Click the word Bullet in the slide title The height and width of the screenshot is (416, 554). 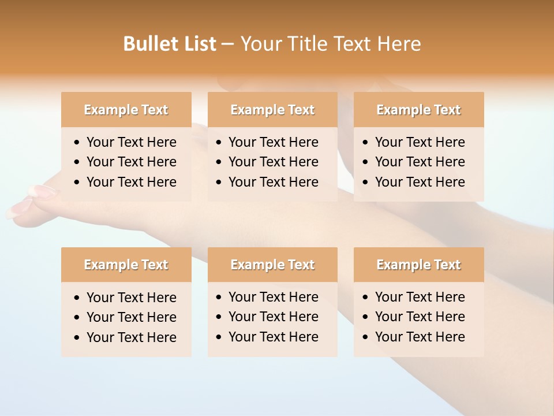147,44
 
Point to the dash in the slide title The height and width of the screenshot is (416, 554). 227,44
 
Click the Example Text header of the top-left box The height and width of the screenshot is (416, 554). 126,110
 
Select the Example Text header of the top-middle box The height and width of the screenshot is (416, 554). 272,110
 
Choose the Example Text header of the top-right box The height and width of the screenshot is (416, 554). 418,110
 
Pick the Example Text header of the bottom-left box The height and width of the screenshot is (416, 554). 126,265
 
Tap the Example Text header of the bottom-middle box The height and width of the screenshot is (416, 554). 272,265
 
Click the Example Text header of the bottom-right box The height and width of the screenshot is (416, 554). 418,265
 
